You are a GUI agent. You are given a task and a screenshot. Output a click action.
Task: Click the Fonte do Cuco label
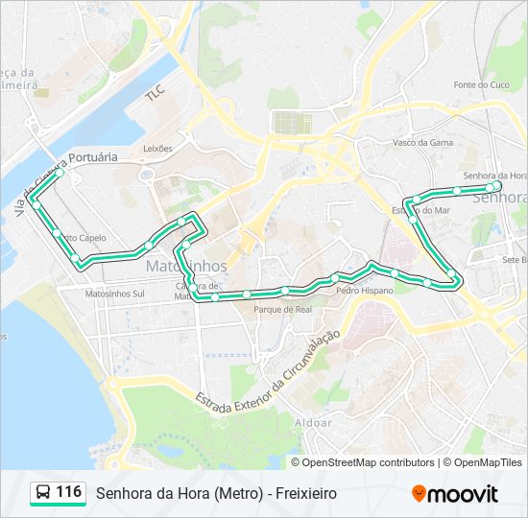click(x=480, y=84)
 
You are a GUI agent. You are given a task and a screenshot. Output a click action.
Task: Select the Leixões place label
click(x=157, y=149)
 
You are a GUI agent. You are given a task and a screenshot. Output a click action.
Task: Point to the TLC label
click(x=155, y=95)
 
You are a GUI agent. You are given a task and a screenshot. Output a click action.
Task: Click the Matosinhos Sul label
click(x=114, y=294)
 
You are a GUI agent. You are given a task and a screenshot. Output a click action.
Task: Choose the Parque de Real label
click(x=282, y=310)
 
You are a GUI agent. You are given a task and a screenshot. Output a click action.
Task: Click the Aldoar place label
click(x=314, y=422)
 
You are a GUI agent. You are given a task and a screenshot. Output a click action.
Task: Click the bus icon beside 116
click(x=43, y=493)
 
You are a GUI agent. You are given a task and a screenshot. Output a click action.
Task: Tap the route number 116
click(x=68, y=492)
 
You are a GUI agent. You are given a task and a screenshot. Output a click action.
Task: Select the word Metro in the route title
click(x=237, y=493)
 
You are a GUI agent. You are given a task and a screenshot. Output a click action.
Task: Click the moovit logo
click(x=455, y=493)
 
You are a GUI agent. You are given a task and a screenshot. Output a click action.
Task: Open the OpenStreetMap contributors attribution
click(x=370, y=462)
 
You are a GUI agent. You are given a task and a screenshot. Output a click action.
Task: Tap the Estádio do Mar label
click(x=421, y=209)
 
